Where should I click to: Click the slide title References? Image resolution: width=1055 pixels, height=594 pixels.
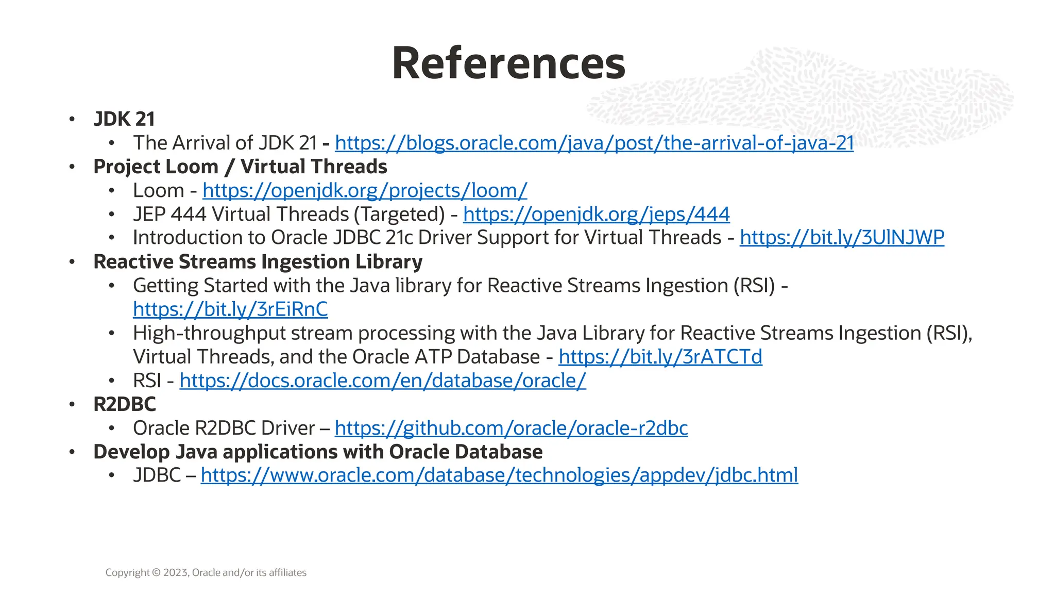pyautogui.click(x=508, y=63)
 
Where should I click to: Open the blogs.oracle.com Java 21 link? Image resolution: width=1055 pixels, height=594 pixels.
pyautogui.click(x=594, y=143)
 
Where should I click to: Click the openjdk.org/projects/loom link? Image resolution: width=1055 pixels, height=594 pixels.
pyautogui.click(x=365, y=191)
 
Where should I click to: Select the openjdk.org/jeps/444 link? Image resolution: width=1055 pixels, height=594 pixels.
pyautogui.click(x=596, y=214)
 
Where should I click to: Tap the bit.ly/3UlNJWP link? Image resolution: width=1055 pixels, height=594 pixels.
pyautogui.click(x=842, y=238)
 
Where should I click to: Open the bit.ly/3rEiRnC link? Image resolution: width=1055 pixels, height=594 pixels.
pyautogui.click(x=230, y=309)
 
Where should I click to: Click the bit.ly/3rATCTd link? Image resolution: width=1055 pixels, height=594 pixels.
pyautogui.click(x=660, y=357)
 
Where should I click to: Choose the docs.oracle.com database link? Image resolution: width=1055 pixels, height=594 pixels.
pyautogui.click(x=383, y=381)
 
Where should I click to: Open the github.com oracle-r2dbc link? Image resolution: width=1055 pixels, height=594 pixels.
pyautogui.click(x=511, y=428)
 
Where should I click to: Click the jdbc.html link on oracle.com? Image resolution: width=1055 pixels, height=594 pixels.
pyautogui.click(x=499, y=475)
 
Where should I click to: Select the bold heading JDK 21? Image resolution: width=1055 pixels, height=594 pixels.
pyautogui.click(x=124, y=119)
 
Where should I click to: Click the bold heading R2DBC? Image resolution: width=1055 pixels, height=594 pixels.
pyautogui.click(x=125, y=404)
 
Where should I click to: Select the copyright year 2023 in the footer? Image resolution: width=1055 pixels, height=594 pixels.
pyautogui.click(x=176, y=572)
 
